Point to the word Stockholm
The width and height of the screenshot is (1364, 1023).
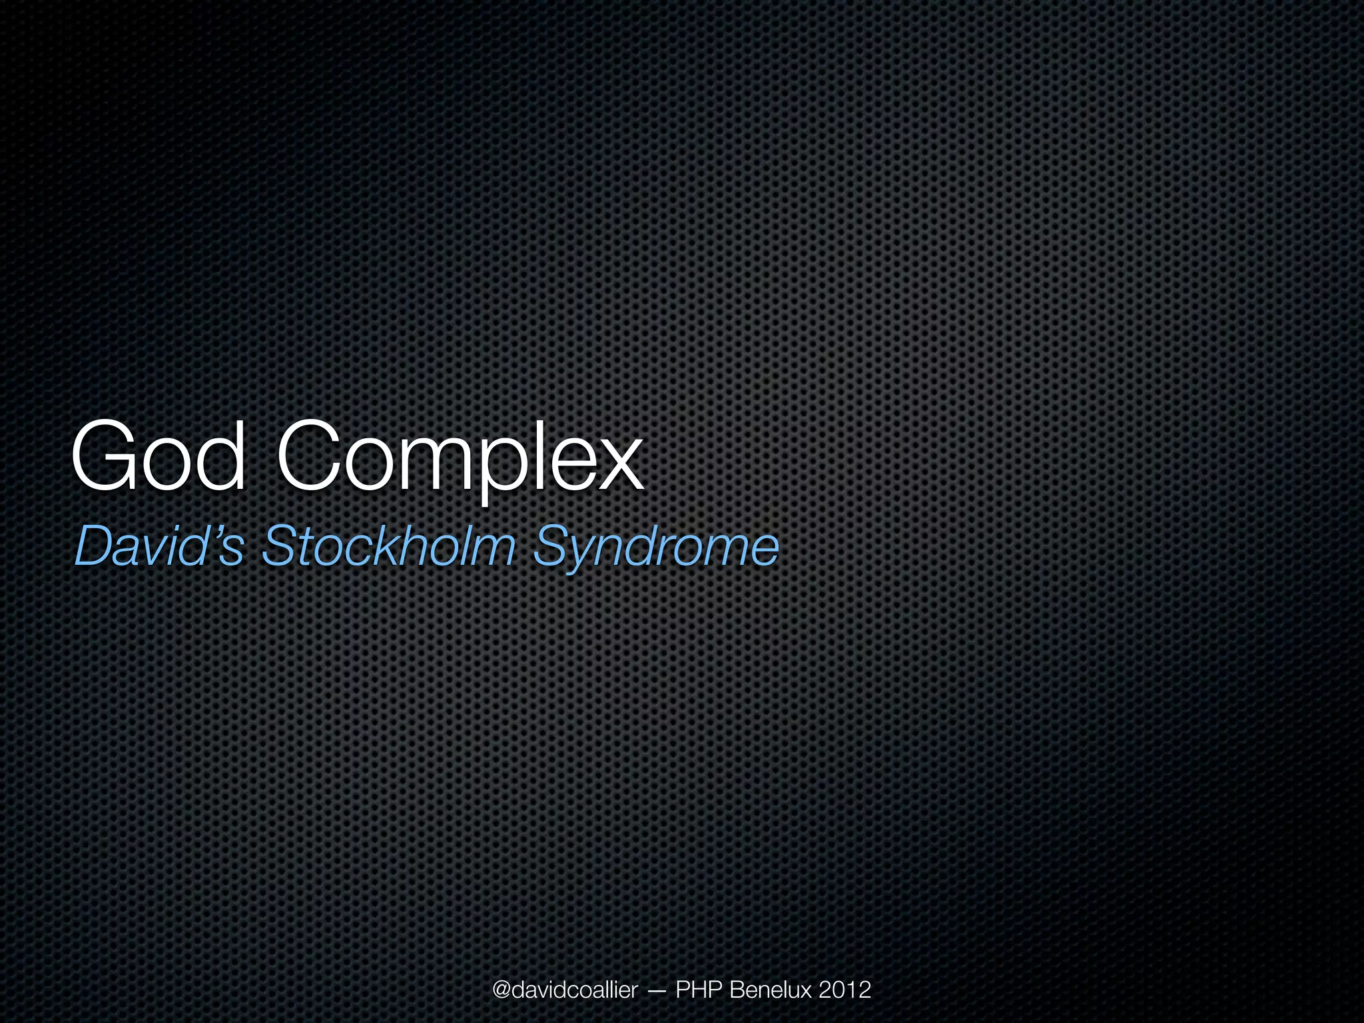(x=389, y=546)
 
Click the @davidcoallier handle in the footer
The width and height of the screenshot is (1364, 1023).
(x=565, y=990)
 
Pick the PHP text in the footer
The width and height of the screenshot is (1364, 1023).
(x=699, y=990)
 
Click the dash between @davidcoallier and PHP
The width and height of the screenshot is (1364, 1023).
(x=656, y=991)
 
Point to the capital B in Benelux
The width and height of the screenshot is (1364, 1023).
(x=737, y=990)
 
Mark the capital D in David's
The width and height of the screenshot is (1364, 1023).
(x=95, y=546)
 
